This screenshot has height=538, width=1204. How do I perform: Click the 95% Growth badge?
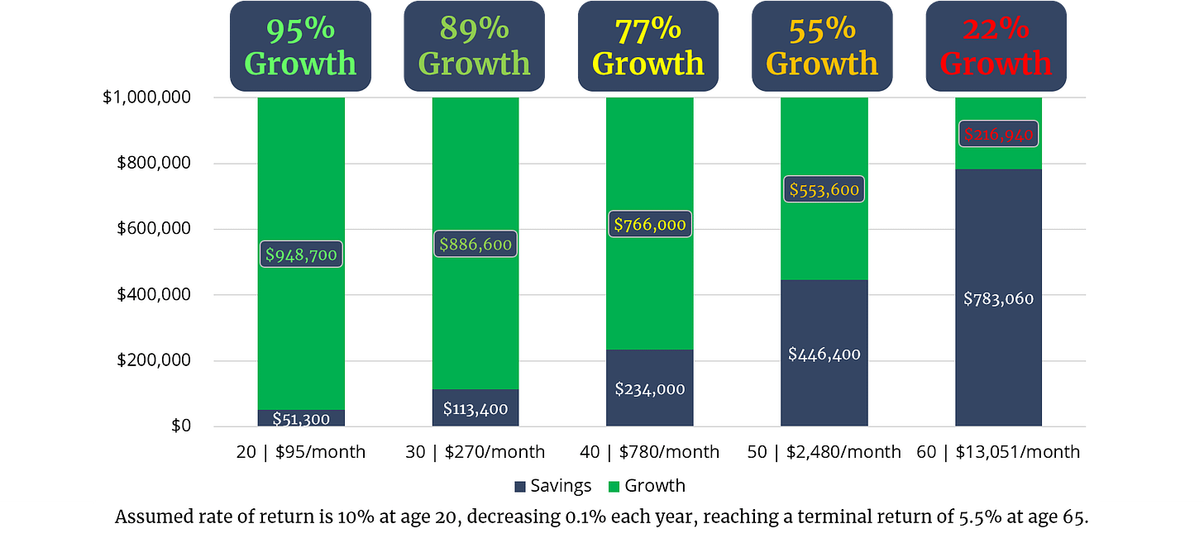coord(300,45)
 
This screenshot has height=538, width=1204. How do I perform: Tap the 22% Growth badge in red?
coord(996,45)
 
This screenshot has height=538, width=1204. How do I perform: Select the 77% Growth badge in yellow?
coord(648,45)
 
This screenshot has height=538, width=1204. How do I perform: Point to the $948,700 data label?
coord(301,255)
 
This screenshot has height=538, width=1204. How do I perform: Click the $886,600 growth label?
coord(475,244)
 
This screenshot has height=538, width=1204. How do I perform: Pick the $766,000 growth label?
coord(649,224)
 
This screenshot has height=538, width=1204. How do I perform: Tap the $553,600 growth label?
coord(824,189)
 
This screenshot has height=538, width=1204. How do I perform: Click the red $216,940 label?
coord(998,134)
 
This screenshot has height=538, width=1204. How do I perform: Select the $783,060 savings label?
coord(998,298)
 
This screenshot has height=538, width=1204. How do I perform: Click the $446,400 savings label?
coord(824,355)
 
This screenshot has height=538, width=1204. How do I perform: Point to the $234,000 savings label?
coord(649,388)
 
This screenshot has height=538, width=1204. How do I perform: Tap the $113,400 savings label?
coord(475,408)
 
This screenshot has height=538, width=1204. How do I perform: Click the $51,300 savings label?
coord(301,419)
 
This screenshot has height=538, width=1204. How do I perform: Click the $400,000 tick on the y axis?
coord(152,295)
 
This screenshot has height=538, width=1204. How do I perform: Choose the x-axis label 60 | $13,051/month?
coord(998,452)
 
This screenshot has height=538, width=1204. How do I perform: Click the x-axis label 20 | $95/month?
coord(301,452)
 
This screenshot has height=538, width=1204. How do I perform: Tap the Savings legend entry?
coord(552,486)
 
